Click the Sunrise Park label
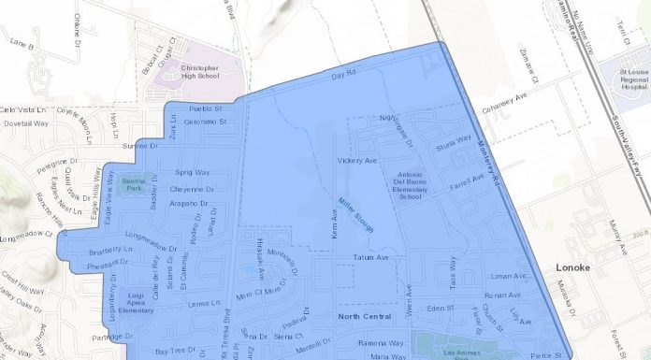pyautogui.click(x=135, y=183)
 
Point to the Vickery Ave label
pyautogui.click(x=356, y=161)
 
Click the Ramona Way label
pyautogui.click(x=382, y=343)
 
